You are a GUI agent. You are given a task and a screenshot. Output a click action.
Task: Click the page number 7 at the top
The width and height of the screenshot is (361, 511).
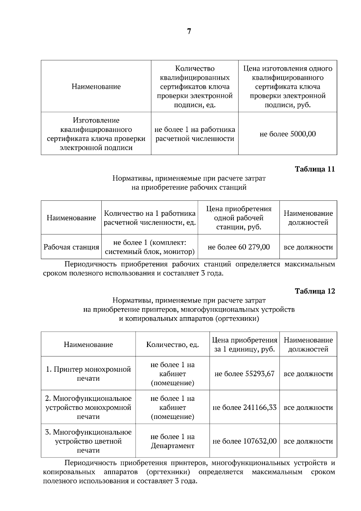189,31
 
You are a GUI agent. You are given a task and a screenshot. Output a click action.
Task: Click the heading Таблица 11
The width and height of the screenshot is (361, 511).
315,169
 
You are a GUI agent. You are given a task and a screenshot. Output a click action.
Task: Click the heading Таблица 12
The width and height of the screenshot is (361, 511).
315,291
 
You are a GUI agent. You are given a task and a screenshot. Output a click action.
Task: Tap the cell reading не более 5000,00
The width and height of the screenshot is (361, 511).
288,134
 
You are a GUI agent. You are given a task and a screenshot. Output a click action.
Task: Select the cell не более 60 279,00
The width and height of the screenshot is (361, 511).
239,247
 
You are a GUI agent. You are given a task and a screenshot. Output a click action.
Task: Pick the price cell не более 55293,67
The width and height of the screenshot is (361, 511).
244,374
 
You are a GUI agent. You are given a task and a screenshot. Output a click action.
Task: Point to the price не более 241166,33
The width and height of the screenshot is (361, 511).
244,407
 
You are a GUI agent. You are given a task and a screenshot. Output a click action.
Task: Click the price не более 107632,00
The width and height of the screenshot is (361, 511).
244,441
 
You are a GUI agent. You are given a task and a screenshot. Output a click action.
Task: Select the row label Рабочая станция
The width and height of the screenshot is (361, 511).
71,247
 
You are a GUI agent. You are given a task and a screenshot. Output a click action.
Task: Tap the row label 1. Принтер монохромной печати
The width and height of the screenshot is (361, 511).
88,374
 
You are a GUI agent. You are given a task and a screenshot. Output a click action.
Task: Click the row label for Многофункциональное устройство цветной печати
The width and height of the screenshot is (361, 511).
88,441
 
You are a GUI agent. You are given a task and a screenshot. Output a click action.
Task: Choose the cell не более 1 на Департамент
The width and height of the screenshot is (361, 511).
172,441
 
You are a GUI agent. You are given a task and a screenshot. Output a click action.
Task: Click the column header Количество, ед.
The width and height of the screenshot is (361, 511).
172,345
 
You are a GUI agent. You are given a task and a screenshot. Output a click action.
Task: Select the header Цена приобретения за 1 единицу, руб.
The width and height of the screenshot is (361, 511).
244,345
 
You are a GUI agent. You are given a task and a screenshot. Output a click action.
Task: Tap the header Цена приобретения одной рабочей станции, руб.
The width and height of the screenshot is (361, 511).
239,218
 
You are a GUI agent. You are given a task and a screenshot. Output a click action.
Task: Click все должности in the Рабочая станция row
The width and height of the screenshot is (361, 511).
308,247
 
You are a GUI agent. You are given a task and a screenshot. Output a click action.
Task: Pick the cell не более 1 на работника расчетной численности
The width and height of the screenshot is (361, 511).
195,134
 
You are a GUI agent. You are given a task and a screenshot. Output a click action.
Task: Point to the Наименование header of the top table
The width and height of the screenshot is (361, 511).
96,87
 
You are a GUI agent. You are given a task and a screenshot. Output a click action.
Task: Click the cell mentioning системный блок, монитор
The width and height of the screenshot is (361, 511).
150,247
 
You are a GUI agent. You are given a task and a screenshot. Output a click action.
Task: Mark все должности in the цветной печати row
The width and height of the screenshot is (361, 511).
308,441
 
